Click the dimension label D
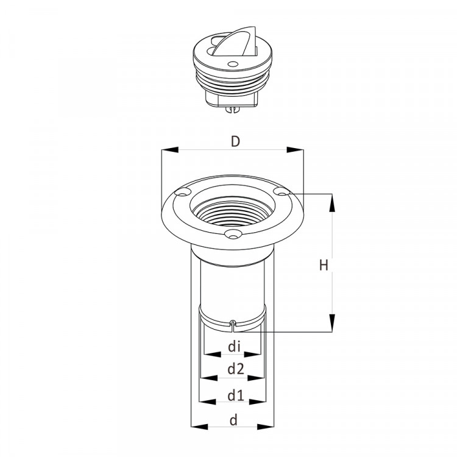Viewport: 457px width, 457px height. (235, 141)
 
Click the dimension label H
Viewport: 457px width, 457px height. (324, 265)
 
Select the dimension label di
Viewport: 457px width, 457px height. (235, 347)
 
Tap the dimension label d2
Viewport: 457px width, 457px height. (235, 369)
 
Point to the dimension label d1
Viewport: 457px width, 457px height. (235, 395)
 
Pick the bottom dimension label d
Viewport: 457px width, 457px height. (233, 420)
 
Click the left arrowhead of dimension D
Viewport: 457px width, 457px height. (169, 149)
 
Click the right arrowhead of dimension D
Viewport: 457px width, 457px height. (295, 149)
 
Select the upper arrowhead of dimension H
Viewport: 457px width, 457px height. (331, 202)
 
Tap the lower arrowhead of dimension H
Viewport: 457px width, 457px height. (331, 323)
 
